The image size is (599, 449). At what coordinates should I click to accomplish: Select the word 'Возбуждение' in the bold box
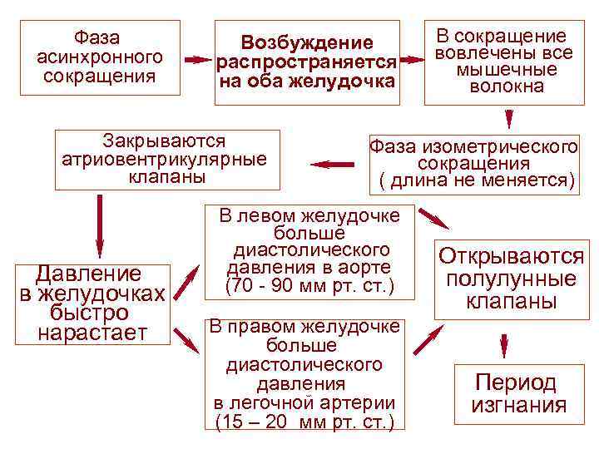tap(307, 42)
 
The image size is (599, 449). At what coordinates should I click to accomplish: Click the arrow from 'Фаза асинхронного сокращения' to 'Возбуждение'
tap(198, 61)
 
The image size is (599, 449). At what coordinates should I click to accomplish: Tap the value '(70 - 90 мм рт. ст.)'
tap(308, 286)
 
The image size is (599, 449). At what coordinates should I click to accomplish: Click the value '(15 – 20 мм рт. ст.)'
tap(304, 422)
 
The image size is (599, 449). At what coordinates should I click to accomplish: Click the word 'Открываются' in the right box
tap(511, 255)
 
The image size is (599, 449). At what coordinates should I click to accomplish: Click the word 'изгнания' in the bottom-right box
tap(518, 406)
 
